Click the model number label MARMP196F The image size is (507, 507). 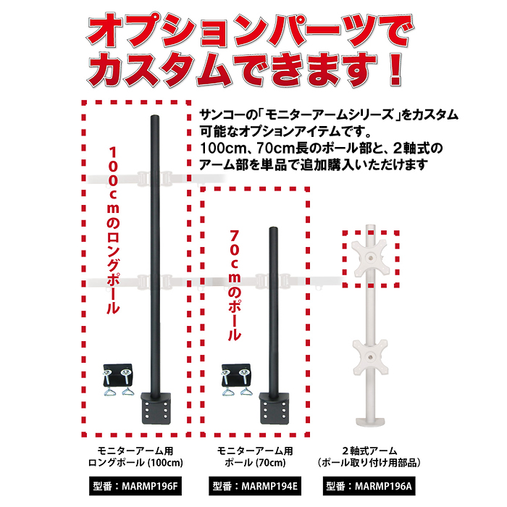(135, 486)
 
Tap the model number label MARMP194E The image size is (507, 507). (255, 486)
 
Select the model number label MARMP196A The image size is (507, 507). (369, 486)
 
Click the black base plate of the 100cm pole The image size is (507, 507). (156, 408)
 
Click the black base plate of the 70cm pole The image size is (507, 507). (275, 408)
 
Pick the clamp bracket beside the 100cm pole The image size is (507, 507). (118, 379)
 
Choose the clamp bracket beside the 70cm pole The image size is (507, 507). (236, 379)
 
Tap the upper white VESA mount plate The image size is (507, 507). (370, 258)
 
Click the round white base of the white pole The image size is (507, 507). (370, 422)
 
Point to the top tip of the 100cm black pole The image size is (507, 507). (156, 116)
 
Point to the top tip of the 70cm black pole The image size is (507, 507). (274, 227)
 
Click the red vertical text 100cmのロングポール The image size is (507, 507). (113, 230)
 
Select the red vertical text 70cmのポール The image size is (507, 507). (235, 285)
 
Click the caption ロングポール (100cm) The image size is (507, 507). (136, 463)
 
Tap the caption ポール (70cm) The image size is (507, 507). (255, 463)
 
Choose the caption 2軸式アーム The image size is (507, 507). (369, 451)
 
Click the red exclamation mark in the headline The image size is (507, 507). (395, 70)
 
